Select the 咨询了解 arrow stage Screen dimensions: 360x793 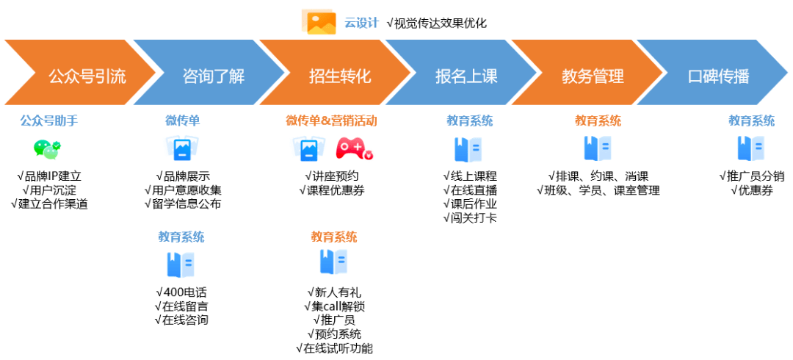pyautogui.click(x=213, y=75)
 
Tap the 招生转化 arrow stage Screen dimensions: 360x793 pyautogui.click(x=340, y=75)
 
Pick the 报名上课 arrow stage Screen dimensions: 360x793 pyautogui.click(x=466, y=75)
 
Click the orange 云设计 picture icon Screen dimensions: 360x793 pyautogui.click(x=319, y=22)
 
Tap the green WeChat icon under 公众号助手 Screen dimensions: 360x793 pyautogui.click(x=47, y=149)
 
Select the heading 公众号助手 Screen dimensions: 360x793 pyautogui.click(x=49, y=121)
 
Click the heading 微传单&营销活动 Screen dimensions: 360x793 pyautogui.click(x=331, y=121)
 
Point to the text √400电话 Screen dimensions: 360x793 pyautogui.click(x=181, y=292)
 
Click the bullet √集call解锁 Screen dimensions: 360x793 pyautogui.click(x=333, y=306)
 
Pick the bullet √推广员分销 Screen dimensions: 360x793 pyautogui.click(x=751, y=176)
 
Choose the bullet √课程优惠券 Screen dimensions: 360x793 pyautogui.click(x=332, y=190)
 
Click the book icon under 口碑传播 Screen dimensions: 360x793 pyautogui.click(x=750, y=148)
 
